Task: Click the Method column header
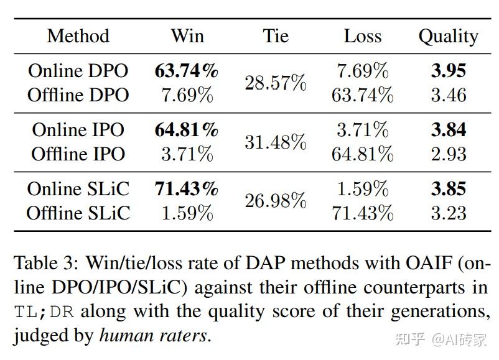[x=78, y=36]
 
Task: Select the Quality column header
[x=448, y=36]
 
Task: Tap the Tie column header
[x=275, y=36]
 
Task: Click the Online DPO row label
[x=78, y=71]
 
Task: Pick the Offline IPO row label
[x=78, y=154]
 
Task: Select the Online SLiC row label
[x=78, y=189]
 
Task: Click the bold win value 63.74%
[x=187, y=71]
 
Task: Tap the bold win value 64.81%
[x=187, y=130]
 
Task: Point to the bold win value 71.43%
[x=187, y=189]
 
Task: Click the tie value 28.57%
[x=275, y=83]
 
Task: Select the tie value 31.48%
[x=275, y=142]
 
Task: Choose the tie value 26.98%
[x=275, y=201]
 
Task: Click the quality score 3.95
[x=448, y=71]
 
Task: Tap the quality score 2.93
[x=448, y=154]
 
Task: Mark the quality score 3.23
[x=448, y=213]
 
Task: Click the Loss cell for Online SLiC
[x=362, y=189]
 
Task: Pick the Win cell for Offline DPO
[x=187, y=95]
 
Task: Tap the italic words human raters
[x=152, y=336]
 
